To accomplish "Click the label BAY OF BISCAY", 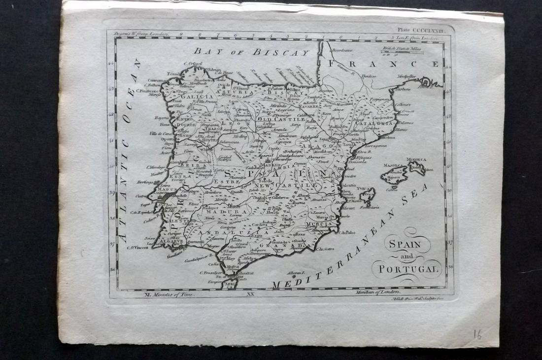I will click(251, 51).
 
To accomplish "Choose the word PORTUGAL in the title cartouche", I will click(406, 269).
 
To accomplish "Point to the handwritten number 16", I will click(476, 334).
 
